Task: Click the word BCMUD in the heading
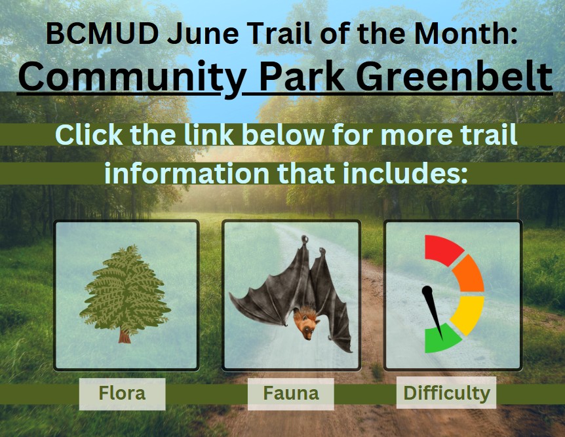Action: point(102,33)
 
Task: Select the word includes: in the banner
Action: point(405,173)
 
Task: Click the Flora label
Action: point(122,393)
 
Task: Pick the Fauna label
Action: point(291,393)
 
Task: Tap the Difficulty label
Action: point(447,393)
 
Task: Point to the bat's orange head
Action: point(307,325)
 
